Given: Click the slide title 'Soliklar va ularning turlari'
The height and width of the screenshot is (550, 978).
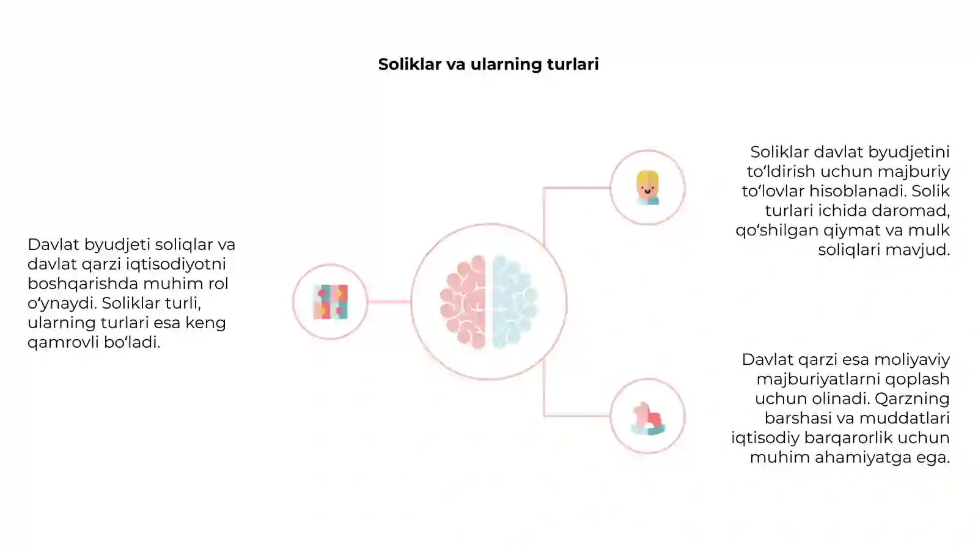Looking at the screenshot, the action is (x=488, y=64).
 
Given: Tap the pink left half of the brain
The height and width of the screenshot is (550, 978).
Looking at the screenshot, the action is (x=463, y=302).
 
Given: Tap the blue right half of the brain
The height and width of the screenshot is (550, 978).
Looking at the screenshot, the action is (x=514, y=302).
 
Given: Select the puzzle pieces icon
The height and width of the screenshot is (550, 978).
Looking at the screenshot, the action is (x=331, y=302).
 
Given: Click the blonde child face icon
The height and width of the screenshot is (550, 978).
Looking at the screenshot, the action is (x=647, y=188).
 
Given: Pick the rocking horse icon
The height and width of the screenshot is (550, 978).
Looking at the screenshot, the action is (x=648, y=419).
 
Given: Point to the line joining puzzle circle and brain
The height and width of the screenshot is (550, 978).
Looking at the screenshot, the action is (x=389, y=302).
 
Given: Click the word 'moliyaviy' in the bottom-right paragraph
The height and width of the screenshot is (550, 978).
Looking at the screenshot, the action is (x=913, y=360).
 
